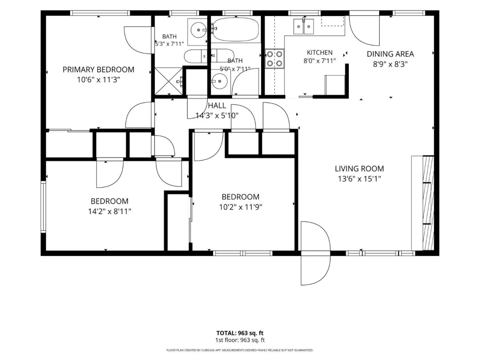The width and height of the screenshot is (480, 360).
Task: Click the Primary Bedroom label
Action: pyautogui.click(x=98, y=70)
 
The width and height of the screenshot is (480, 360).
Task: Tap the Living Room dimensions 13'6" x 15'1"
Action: pyautogui.click(x=359, y=179)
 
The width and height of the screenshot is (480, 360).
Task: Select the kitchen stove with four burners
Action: pyautogui.click(x=274, y=58)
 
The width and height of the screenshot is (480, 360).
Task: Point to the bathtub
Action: pyautogui.click(x=236, y=30)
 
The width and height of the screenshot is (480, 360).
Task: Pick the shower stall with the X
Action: pyautogui.click(x=168, y=81)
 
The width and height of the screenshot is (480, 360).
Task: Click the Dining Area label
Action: pyautogui.click(x=390, y=54)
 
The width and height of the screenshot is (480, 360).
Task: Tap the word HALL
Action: pyautogui.click(x=217, y=106)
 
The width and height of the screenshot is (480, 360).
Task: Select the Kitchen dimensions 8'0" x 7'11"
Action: pyautogui.click(x=320, y=60)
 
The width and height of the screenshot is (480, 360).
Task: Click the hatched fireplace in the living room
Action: pyautogui.click(x=428, y=203)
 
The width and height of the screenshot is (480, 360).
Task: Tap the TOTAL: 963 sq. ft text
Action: pyautogui.click(x=240, y=333)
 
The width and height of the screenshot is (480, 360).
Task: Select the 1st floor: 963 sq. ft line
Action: pyautogui.click(x=240, y=340)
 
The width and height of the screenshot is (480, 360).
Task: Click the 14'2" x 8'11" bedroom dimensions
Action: pyautogui.click(x=109, y=211)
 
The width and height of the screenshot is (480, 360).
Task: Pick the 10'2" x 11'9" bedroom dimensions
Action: pyautogui.click(x=240, y=207)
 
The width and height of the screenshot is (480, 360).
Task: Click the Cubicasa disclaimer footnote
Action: pyautogui.click(x=240, y=350)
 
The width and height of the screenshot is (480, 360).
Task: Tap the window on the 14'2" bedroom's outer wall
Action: pyautogui.click(x=43, y=207)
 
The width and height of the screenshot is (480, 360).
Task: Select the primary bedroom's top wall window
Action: pyautogui.click(x=100, y=13)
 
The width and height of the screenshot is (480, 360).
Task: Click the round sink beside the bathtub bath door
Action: pyautogui.click(x=219, y=81)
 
